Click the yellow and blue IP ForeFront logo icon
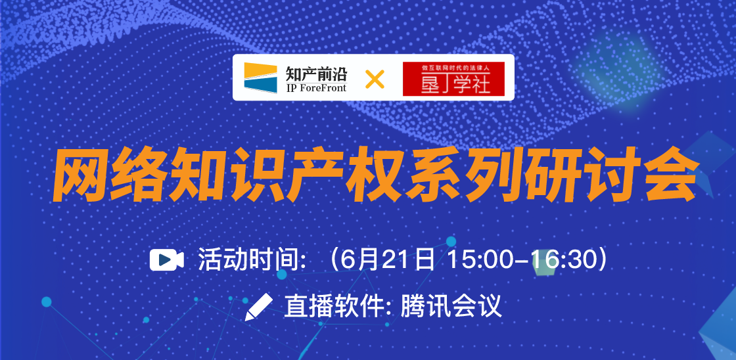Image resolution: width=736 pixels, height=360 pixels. (x=260, y=78)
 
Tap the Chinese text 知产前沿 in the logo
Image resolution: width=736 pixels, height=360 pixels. (x=316, y=73)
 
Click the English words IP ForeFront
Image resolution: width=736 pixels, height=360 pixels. (x=316, y=87)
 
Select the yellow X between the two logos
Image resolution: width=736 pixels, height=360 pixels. (x=375, y=79)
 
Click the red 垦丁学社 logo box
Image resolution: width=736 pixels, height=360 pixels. (x=453, y=79)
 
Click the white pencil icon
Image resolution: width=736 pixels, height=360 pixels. (x=259, y=307)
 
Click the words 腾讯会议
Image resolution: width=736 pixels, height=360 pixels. (x=451, y=307)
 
